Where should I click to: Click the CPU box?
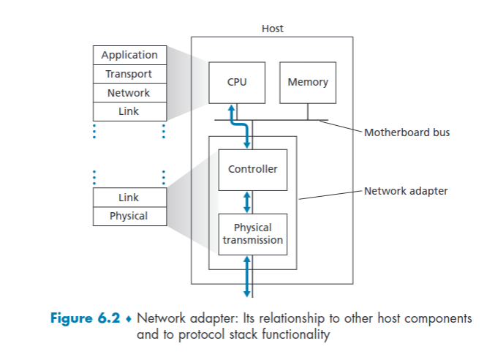coord(237,82)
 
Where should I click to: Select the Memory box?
coord(308,82)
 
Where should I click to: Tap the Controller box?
coord(253,169)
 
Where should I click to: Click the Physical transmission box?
coord(253,233)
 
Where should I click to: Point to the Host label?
coord(272,29)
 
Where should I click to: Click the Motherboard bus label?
coord(407,132)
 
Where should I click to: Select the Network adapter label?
coord(406,192)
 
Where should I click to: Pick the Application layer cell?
coord(129,55)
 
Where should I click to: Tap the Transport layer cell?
coord(129,74)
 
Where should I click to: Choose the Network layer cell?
coord(129,93)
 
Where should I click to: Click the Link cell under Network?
coord(129,112)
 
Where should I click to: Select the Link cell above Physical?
coord(129,198)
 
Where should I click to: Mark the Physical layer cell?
coord(129,216)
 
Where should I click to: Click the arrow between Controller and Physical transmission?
coord(247,201)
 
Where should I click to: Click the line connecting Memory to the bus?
coord(308,111)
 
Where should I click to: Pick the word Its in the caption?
coord(251,319)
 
